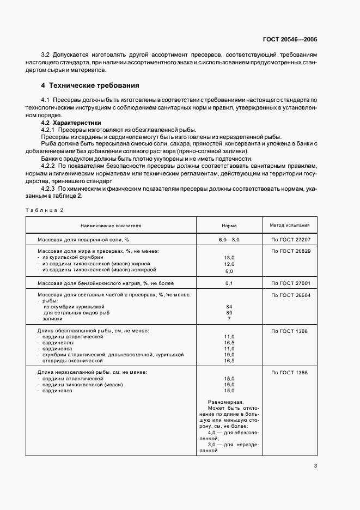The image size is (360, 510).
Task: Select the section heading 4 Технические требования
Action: pos(90,86)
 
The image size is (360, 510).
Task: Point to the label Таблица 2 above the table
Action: pos(44,210)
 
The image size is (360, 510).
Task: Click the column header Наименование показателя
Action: pos(111,224)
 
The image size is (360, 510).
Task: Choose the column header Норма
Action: pos(229,224)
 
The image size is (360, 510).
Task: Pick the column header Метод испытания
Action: pos(290,224)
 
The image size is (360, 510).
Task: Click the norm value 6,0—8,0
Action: pos(229,239)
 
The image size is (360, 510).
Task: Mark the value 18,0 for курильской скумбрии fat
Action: pos(229,257)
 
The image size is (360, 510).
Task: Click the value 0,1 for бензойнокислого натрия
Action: pos(229,283)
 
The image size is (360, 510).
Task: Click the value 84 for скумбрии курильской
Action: pos(229,307)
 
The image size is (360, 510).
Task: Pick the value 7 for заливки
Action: pos(229,319)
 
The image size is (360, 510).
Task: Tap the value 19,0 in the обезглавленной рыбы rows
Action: pos(229,354)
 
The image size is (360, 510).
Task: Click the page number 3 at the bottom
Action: pos(316,466)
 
